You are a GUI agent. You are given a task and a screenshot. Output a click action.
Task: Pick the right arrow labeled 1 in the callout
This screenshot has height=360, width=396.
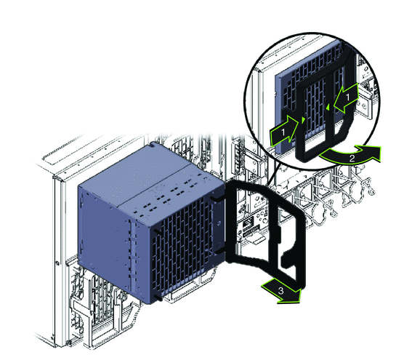click(346, 98)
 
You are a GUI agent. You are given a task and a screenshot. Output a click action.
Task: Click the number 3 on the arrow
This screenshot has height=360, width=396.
click(281, 290)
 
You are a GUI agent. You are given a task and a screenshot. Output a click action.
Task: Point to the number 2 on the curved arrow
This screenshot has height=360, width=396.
click(352, 158)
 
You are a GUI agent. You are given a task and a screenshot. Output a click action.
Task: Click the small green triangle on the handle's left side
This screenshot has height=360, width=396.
click(303, 120)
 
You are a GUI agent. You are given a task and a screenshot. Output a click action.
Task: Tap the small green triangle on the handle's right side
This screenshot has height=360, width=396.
click(328, 108)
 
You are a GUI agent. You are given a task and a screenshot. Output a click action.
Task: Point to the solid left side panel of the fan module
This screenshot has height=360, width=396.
click(104, 228)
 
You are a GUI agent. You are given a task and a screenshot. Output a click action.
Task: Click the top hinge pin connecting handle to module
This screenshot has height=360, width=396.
click(217, 199)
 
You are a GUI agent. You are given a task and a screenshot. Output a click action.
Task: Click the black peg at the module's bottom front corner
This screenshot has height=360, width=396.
click(159, 297)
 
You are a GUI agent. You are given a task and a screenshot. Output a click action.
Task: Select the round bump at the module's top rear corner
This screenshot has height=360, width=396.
click(153, 145)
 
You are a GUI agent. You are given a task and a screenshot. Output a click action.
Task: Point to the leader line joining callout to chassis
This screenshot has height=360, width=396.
click(274, 173)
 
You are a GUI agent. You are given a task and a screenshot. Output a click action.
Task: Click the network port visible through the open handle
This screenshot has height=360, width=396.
click(248, 223)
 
